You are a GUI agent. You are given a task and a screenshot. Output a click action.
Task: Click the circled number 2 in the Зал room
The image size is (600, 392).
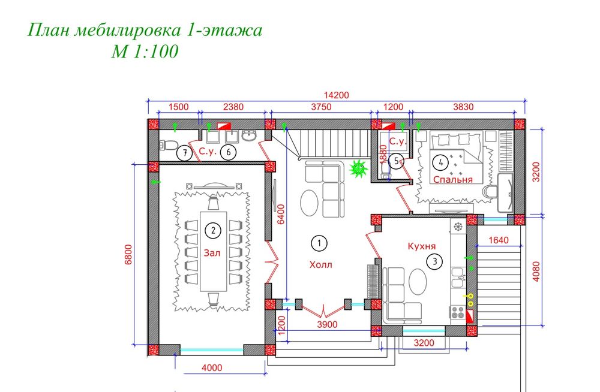click(211, 229)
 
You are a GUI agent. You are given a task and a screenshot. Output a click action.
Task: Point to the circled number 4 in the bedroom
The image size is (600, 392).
click(442, 161)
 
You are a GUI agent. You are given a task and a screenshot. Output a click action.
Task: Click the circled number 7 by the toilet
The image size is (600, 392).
click(186, 153)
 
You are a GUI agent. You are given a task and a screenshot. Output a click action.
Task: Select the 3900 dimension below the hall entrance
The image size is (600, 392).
click(327, 325)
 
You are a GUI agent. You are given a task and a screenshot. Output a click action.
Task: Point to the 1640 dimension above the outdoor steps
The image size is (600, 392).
click(498, 241)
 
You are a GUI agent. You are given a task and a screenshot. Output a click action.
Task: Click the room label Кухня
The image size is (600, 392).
click(421, 246)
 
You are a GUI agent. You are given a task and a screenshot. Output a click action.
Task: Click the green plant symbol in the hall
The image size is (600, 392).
click(359, 169)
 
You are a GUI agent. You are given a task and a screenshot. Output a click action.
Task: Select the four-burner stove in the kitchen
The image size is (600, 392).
click(457, 312)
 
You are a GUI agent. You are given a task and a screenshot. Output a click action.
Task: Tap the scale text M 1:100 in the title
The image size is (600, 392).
click(144, 52)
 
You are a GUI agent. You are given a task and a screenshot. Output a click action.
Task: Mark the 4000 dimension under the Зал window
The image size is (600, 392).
click(211, 367)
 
